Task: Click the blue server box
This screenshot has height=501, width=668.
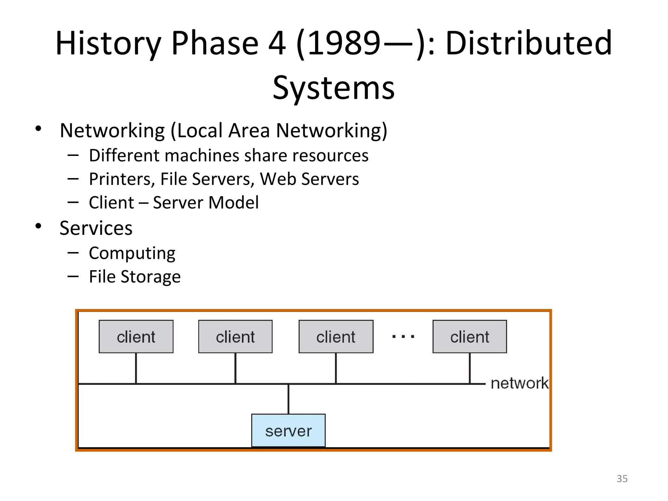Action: [x=288, y=430]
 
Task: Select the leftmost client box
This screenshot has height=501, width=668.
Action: [x=136, y=336]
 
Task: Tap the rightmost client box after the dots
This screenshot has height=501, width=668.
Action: [x=470, y=336]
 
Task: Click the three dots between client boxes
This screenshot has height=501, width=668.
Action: [x=403, y=336]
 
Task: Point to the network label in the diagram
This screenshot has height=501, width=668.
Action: [x=519, y=383]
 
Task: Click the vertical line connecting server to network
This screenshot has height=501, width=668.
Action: [x=288, y=399]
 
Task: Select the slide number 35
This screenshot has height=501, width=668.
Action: [x=622, y=478]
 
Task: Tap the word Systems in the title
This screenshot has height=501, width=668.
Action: [x=333, y=87]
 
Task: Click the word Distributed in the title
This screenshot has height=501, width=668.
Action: [x=528, y=43]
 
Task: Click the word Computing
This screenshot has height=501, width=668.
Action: [x=132, y=253]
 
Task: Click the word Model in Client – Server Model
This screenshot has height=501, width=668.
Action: [x=234, y=203]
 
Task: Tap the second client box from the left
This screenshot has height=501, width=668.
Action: [x=235, y=336]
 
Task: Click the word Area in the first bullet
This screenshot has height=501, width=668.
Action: [x=249, y=130]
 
